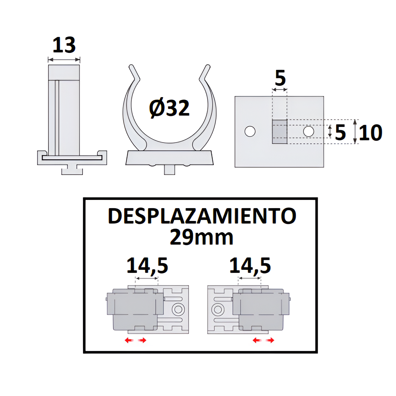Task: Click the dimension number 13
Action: coord(64,45)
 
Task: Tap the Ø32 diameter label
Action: coord(169,108)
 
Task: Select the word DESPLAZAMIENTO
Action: coord(202,216)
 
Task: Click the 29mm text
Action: coord(201,237)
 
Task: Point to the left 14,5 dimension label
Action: coord(147,265)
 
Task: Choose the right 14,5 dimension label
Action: coord(250,265)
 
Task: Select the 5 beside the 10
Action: coord(340,133)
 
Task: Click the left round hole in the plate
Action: coord(250,131)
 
